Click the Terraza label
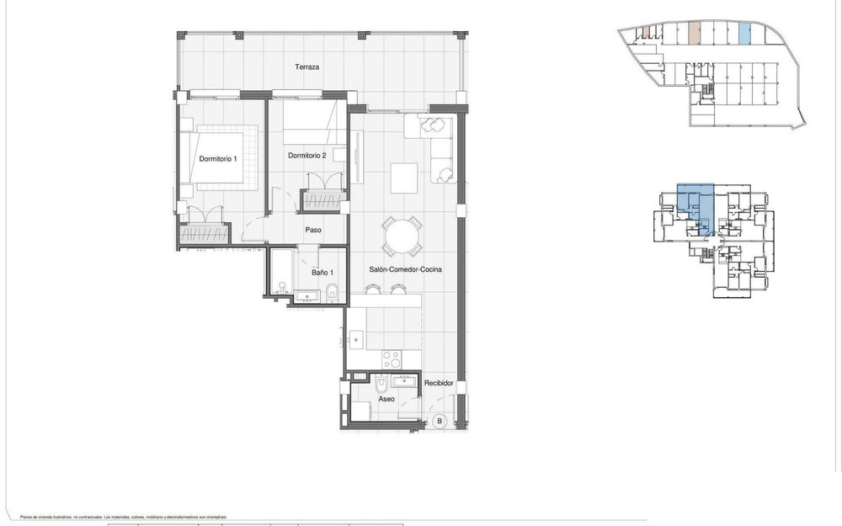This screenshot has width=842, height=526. click(306, 67)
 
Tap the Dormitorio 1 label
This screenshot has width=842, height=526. click(218, 158)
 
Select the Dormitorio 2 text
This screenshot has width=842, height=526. click(306, 156)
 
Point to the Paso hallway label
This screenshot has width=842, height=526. click(314, 230)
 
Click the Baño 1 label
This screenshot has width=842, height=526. click(322, 272)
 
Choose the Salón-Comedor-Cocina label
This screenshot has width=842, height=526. click(405, 269)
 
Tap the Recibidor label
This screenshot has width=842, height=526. click(439, 384)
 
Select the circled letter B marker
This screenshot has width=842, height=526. click(438, 422)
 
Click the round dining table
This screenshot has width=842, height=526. click(402, 236)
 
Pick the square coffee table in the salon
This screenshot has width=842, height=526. click(403, 178)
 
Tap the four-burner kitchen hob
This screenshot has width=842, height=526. click(392, 359)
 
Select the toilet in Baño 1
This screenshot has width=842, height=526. click(333, 292)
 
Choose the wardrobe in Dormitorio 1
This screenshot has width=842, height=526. click(205, 234)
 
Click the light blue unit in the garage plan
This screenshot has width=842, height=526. click(744, 34)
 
